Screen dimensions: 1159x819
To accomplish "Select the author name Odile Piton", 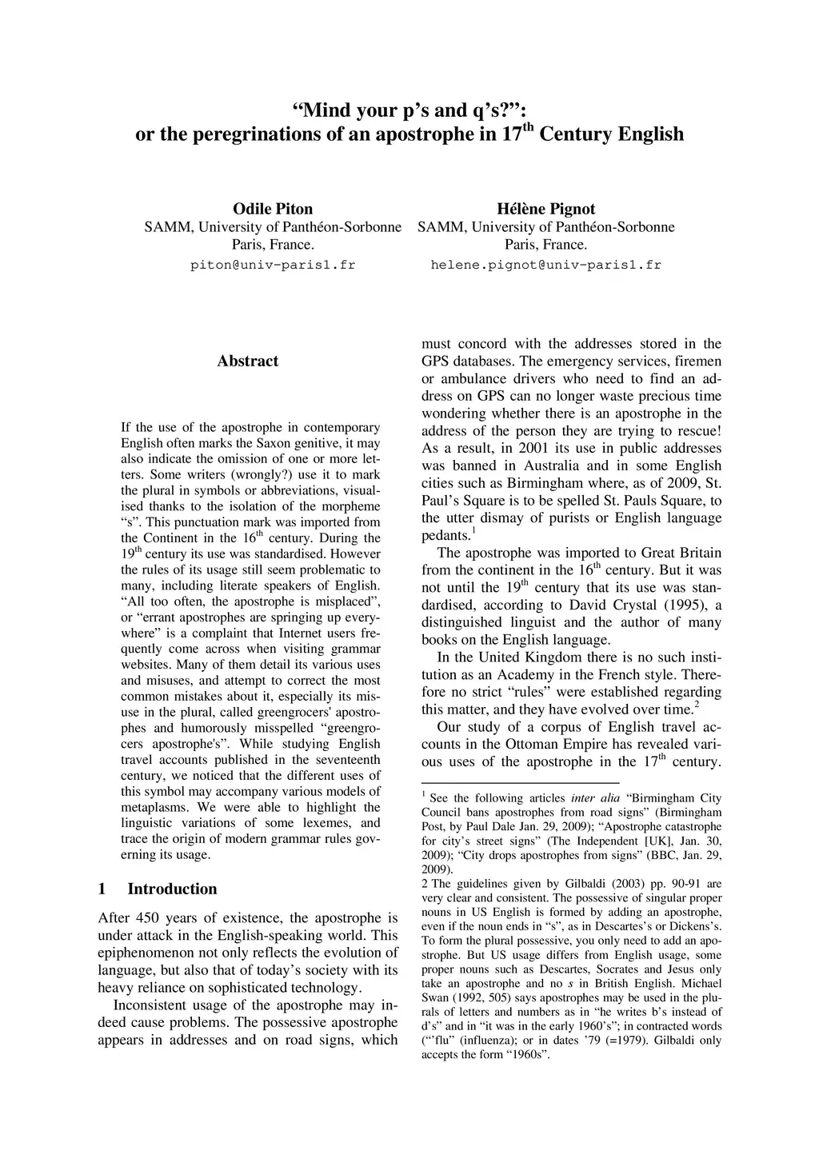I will [272, 210].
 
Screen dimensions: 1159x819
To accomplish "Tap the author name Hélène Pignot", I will [545, 210].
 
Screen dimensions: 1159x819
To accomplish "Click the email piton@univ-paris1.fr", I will [272, 264].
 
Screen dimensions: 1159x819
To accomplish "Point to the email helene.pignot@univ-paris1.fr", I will [545, 264].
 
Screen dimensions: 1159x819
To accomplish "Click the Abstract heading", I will [248, 361].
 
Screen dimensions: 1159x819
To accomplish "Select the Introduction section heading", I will [172, 889].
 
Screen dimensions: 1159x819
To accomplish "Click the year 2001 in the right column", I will [533, 448].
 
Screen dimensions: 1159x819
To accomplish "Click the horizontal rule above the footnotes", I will [520, 782].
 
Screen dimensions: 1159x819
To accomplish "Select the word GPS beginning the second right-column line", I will [437, 362].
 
